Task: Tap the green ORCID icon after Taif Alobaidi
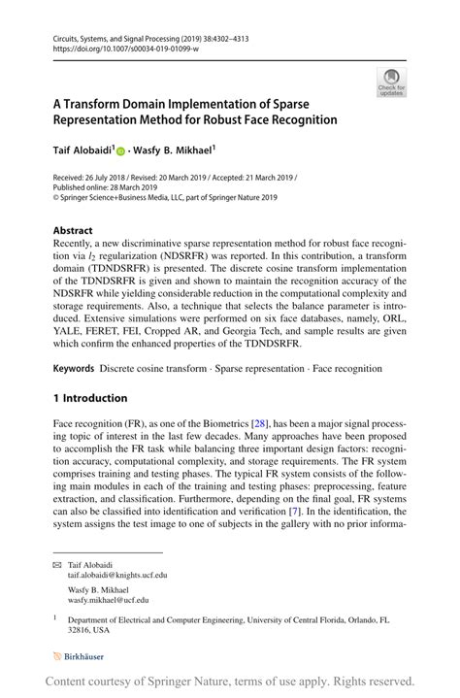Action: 121,151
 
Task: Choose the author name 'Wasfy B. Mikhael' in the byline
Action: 172,151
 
